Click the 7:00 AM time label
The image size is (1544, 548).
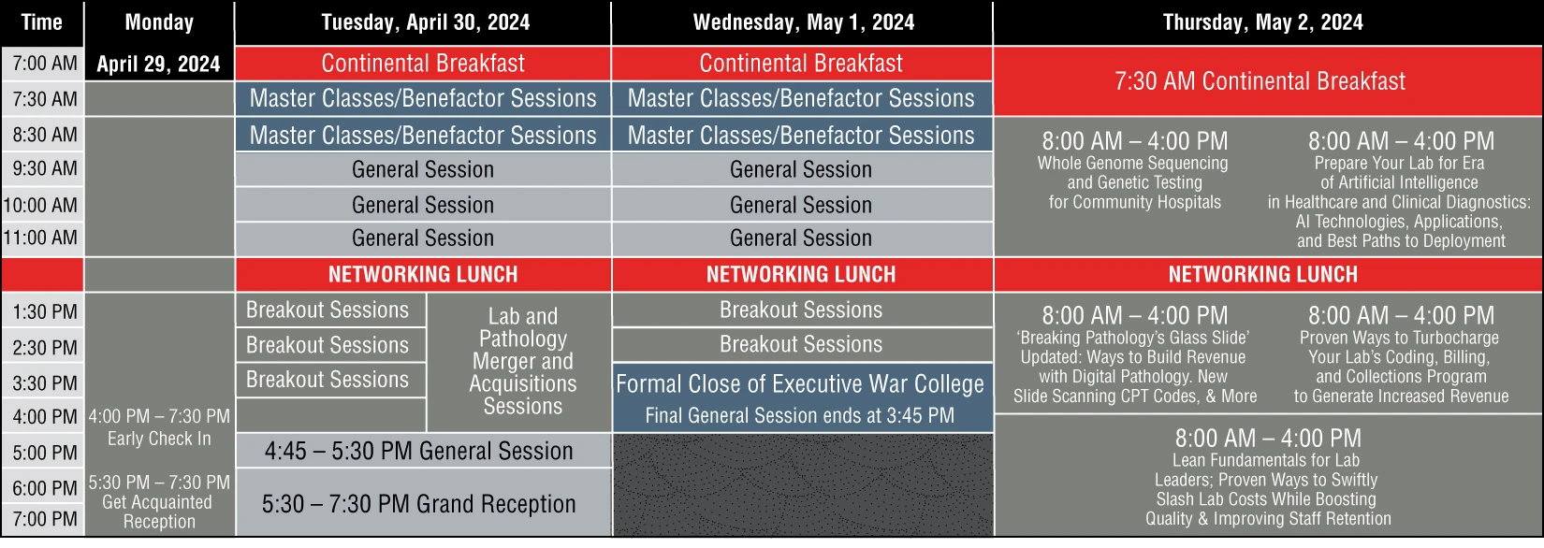click(45, 64)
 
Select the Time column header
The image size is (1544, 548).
click(42, 22)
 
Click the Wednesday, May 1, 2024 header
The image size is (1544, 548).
click(804, 22)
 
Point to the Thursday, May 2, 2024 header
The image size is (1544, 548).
click(1262, 22)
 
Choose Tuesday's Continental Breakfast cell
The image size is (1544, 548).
click(423, 64)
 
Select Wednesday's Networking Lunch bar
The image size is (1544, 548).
click(802, 274)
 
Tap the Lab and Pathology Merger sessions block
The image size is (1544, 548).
click(523, 361)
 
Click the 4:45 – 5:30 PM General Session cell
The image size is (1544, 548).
click(419, 451)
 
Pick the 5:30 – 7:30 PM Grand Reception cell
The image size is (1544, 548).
click(419, 504)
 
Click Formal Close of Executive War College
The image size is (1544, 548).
click(800, 384)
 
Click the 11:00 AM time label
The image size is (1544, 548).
click(40, 238)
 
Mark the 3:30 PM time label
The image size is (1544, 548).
click(45, 382)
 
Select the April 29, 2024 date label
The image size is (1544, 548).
click(158, 64)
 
